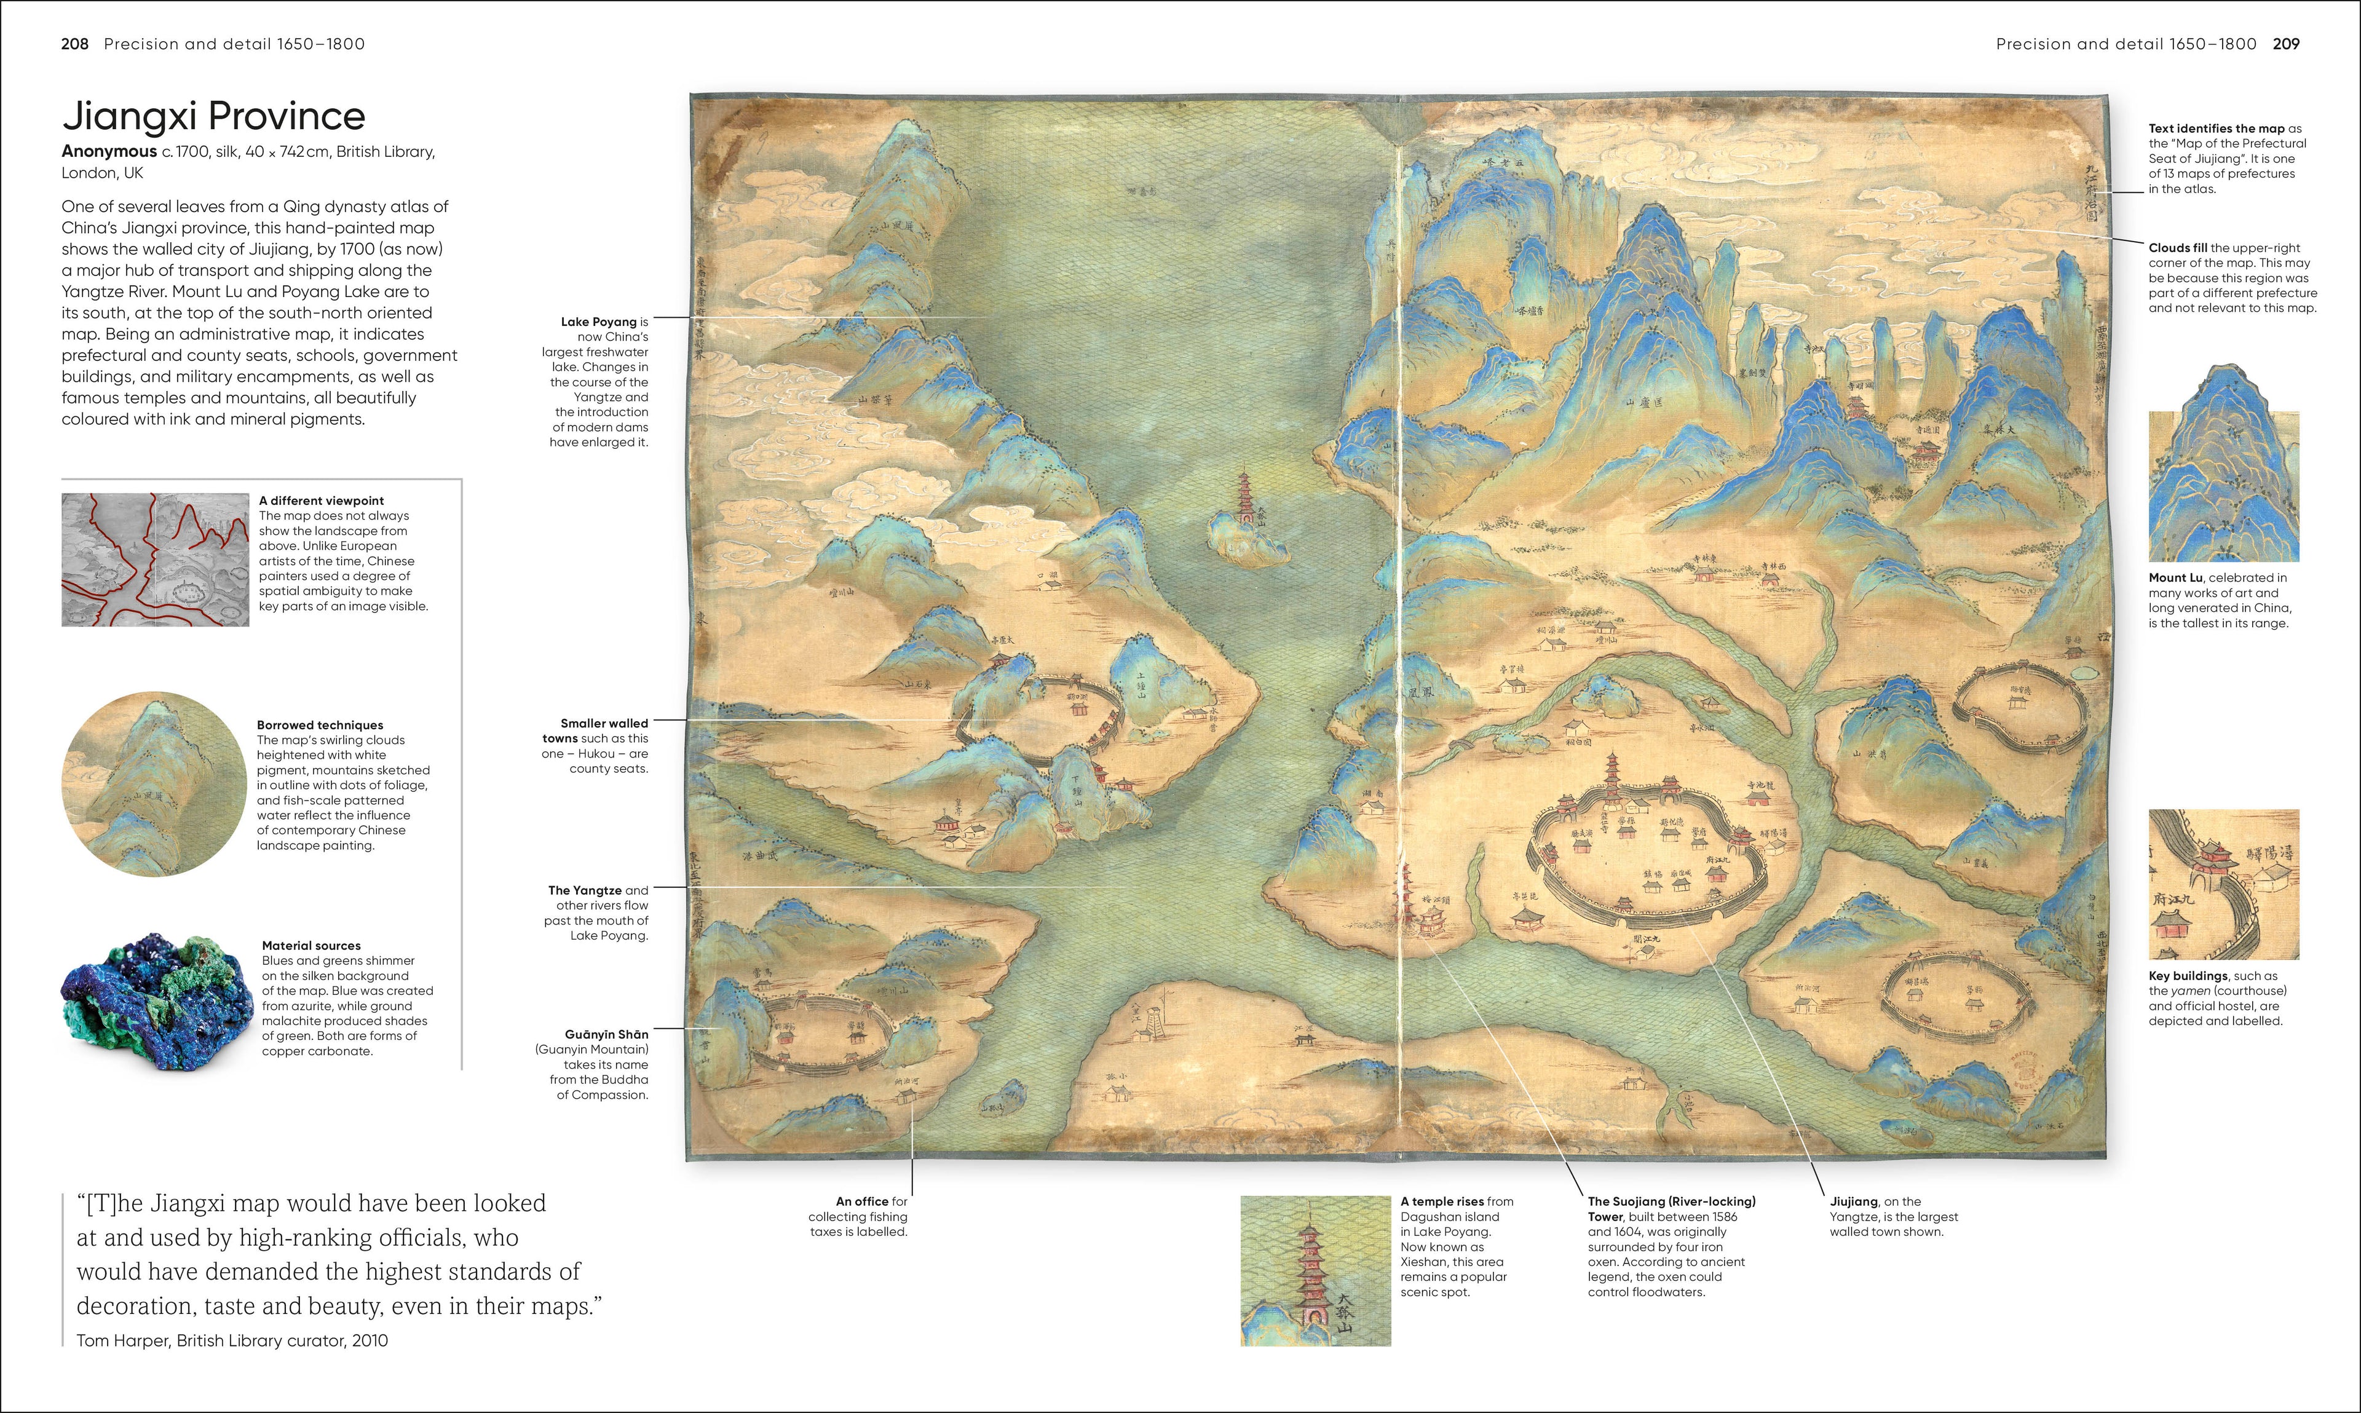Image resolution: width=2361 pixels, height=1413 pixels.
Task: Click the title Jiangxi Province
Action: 213,116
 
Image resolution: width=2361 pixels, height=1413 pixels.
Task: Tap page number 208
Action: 74,44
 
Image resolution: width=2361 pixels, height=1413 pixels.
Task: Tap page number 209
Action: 2286,44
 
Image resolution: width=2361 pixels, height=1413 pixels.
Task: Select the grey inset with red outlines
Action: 155,560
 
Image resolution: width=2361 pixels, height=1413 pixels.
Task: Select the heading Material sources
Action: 311,946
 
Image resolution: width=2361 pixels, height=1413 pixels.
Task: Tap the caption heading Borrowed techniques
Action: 320,724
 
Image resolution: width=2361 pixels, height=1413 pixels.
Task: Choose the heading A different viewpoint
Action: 322,500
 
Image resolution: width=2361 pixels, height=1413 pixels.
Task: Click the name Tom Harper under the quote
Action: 123,1340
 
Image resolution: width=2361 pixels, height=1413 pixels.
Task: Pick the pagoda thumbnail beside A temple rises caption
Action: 1315,1270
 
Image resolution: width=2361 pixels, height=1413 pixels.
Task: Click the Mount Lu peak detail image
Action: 2223,467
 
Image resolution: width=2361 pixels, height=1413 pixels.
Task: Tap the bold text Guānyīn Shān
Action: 606,1034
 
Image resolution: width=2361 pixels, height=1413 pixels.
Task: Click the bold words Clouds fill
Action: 2177,248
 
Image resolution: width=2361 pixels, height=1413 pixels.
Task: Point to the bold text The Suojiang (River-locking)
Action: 1671,1201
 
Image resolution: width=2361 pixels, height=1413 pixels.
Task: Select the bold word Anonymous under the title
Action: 109,151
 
